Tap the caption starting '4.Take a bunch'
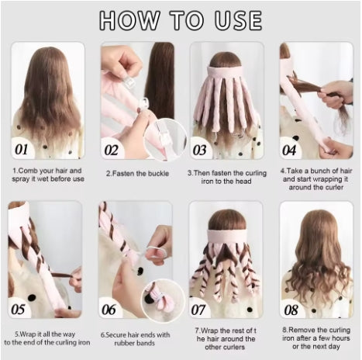click(x=315, y=178)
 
